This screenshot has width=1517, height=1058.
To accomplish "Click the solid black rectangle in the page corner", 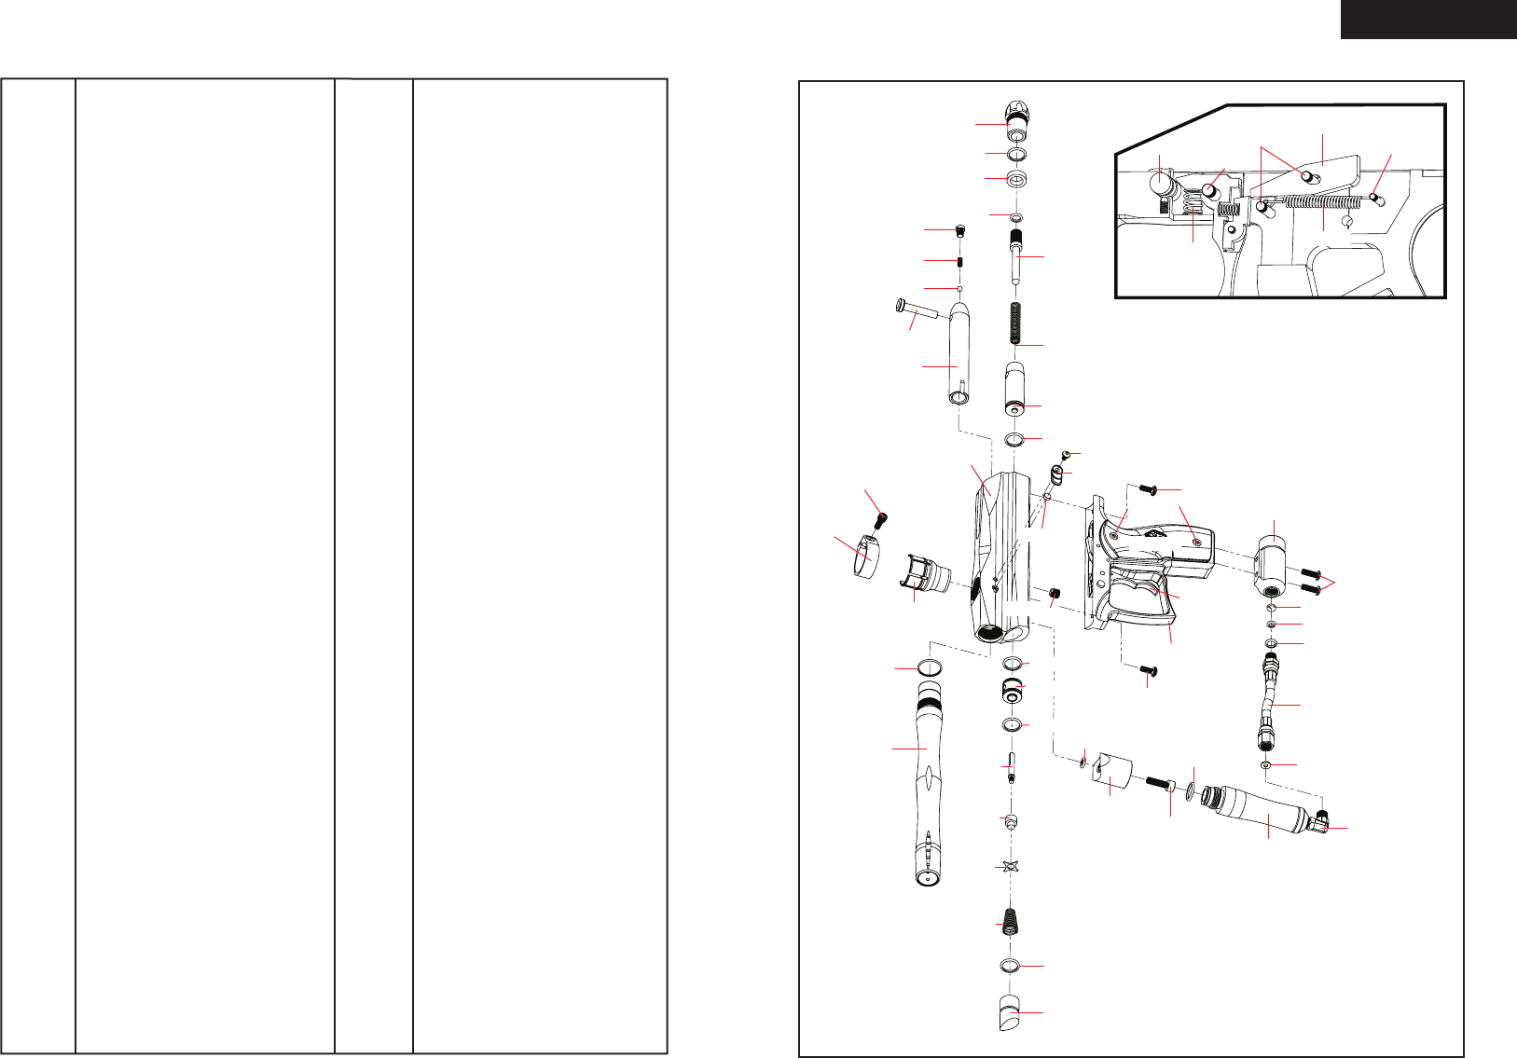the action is coord(1428,19).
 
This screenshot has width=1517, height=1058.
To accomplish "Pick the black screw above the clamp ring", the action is coord(879,518).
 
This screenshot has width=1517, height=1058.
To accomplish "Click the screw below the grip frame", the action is coord(1146,669).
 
